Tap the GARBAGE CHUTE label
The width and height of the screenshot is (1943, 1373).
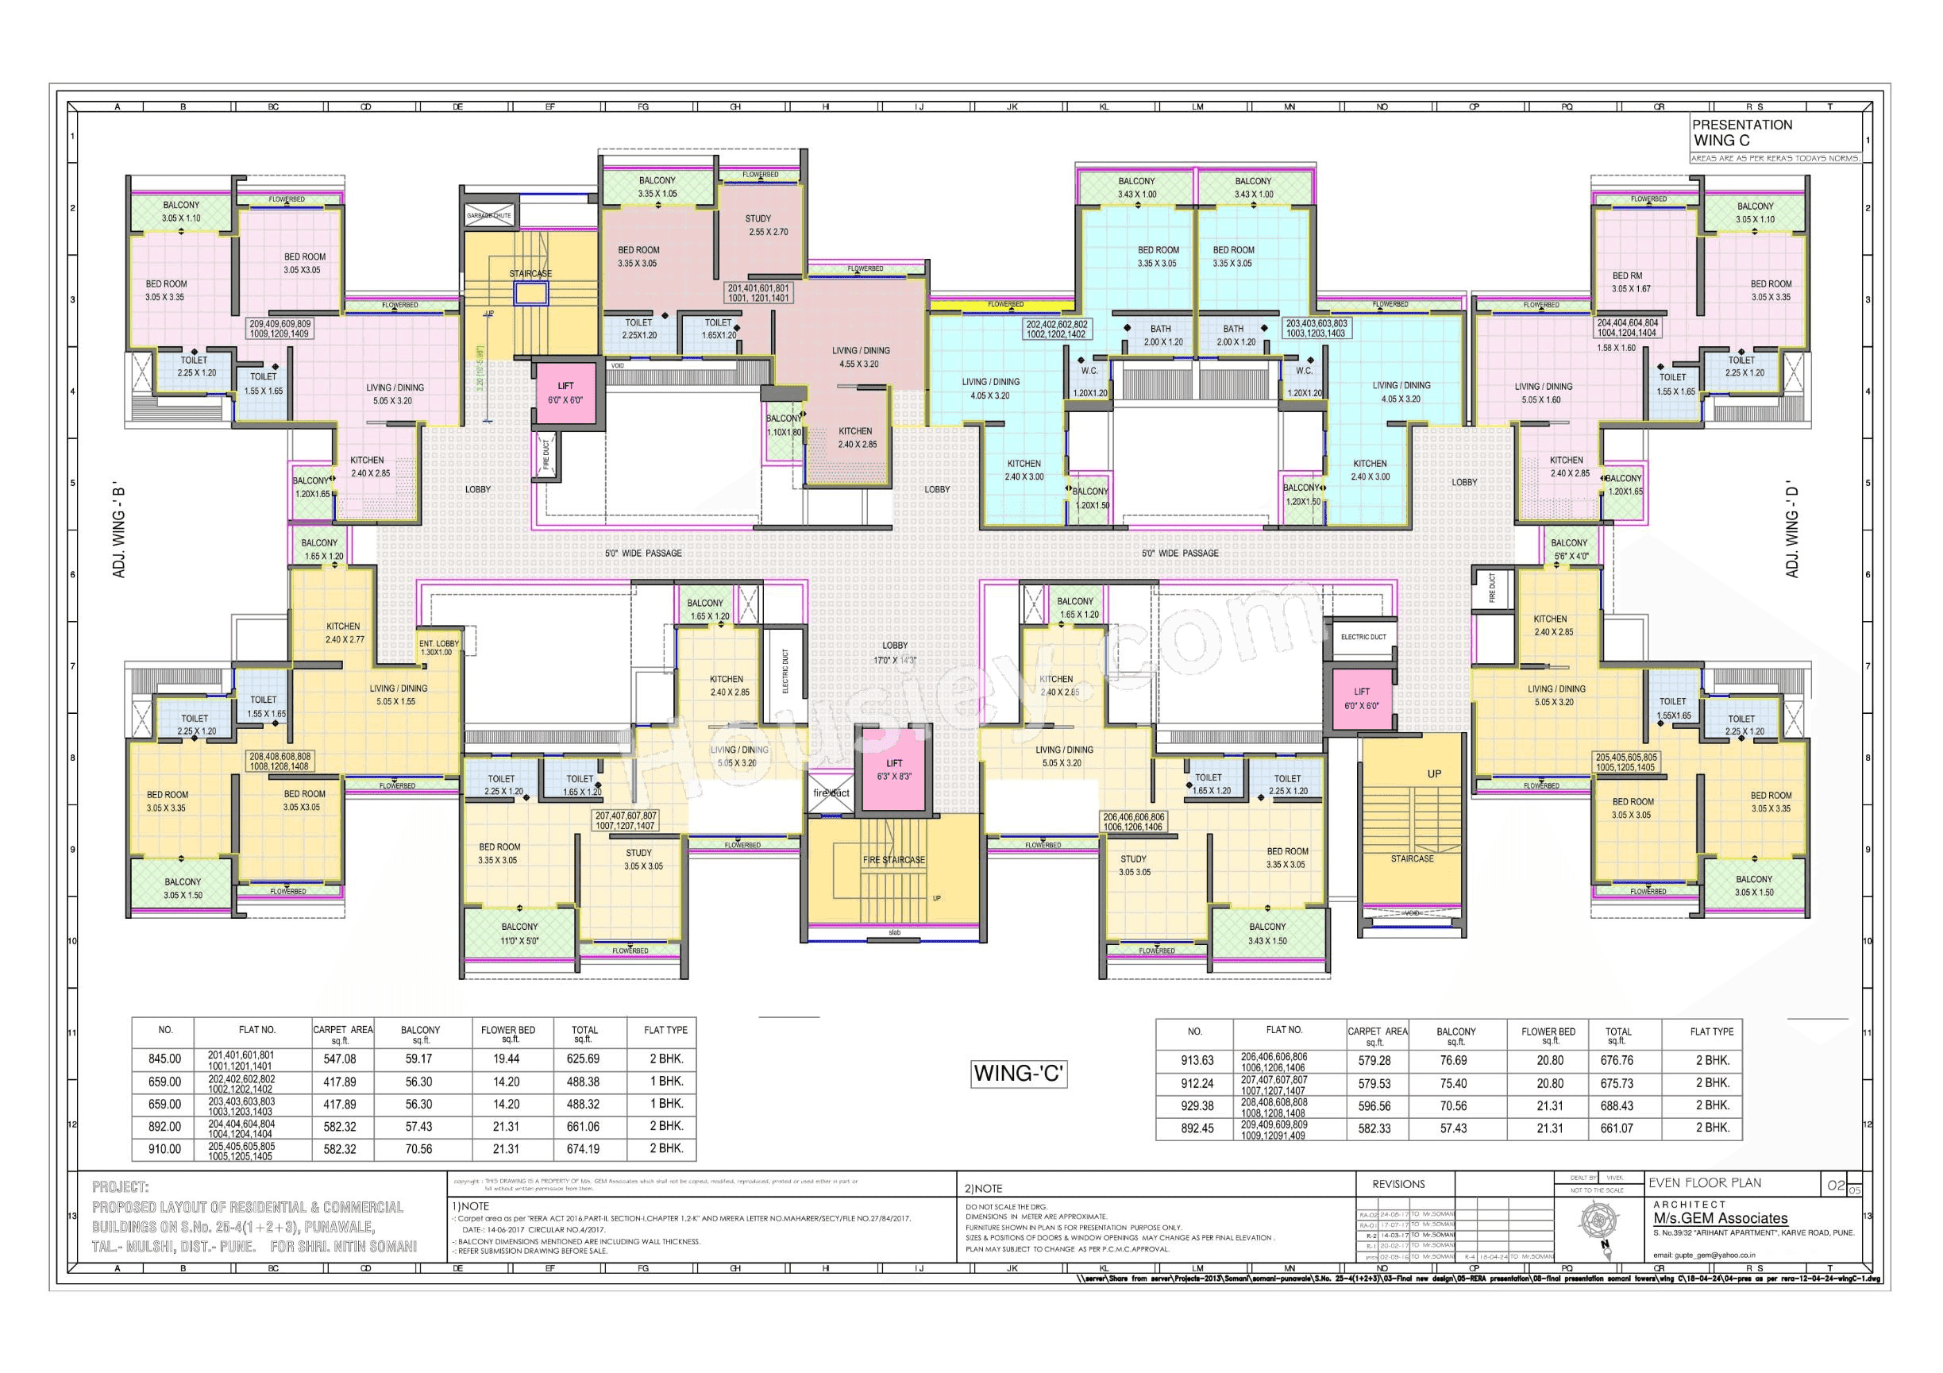click(489, 216)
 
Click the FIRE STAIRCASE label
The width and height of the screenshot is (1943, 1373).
click(893, 860)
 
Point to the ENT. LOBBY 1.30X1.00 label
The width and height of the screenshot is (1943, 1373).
click(438, 647)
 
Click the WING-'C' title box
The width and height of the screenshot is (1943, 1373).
click(1018, 1074)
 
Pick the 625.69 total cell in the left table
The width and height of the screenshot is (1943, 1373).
click(583, 1059)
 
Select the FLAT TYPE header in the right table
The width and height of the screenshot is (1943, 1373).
click(1711, 1032)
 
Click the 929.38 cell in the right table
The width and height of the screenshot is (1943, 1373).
click(1197, 1106)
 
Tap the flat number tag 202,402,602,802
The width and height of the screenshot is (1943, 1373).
click(1056, 330)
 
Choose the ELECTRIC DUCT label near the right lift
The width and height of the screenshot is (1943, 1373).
click(1363, 638)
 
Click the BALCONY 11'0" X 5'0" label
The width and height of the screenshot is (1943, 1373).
click(519, 934)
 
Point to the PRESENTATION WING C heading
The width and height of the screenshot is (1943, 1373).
click(1741, 132)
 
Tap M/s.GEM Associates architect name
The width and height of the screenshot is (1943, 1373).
click(1721, 1219)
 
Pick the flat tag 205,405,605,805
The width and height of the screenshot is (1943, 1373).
click(1625, 762)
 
